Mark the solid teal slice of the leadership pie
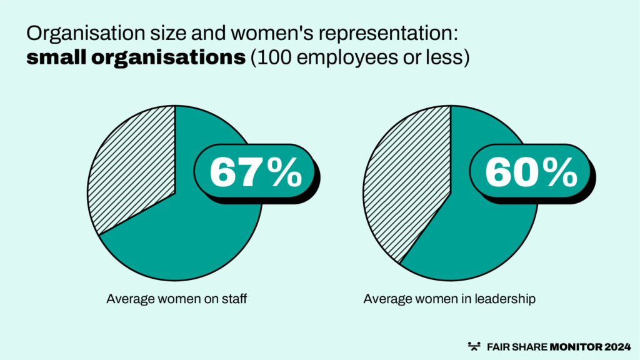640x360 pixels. [x=462, y=244]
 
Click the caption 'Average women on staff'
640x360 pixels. [x=177, y=299]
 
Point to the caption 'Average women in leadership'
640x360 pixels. [x=449, y=299]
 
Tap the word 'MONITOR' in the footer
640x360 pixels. [x=571, y=346]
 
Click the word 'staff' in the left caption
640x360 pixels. [x=235, y=299]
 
